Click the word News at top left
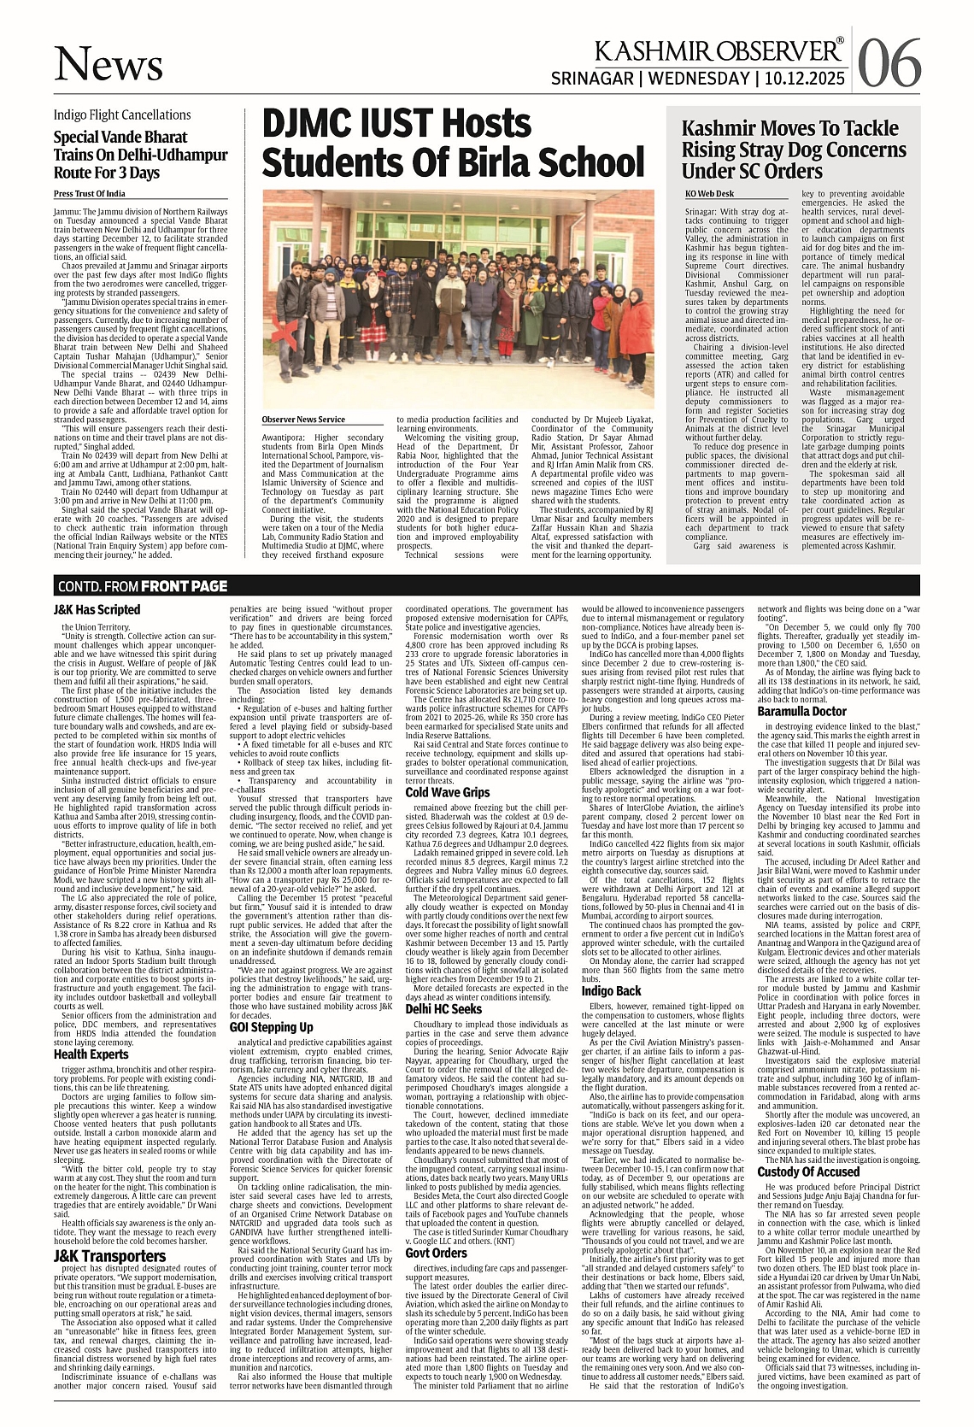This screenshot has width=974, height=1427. point(109,65)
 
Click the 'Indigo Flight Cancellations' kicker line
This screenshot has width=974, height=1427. point(122,115)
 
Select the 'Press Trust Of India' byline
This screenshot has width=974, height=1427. point(89,194)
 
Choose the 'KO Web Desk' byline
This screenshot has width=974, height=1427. point(709,194)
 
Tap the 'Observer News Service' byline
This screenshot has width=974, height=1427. point(303,420)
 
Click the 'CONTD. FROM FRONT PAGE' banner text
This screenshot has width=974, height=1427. point(143,586)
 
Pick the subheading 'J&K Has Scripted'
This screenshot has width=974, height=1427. point(97,610)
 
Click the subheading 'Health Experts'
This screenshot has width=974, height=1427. point(91,1054)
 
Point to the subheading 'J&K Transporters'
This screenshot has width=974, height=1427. point(109,1256)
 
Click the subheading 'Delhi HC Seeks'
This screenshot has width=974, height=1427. point(443,1009)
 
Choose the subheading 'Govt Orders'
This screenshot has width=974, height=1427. point(436,1253)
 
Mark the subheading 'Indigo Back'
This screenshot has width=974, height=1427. point(611,991)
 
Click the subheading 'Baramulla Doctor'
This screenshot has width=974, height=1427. point(801,711)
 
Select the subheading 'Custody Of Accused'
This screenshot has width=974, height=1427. point(807,1171)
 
